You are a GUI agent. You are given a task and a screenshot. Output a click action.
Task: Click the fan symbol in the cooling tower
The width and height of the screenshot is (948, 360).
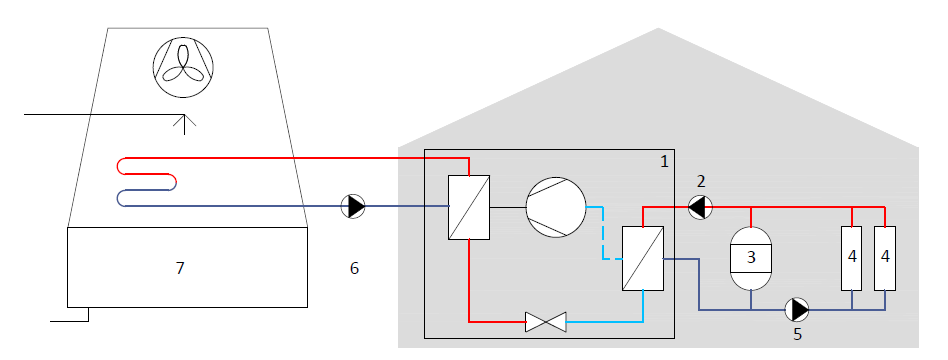[x=183, y=67]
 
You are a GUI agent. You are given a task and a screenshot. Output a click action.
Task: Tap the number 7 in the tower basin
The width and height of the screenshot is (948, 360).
[x=180, y=268]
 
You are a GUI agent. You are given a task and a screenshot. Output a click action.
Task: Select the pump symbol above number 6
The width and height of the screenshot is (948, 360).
[x=353, y=206]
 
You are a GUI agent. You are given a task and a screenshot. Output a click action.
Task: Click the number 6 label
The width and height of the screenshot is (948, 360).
[x=354, y=268]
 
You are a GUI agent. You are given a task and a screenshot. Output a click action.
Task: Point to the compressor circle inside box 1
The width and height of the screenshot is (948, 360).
[x=556, y=207]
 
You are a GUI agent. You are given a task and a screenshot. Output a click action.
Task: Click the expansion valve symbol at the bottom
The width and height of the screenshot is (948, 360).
[x=546, y=322]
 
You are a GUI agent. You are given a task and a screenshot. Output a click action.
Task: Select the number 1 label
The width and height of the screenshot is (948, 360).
[x=664, y=162]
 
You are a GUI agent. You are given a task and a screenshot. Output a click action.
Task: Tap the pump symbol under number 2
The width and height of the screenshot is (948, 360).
[x=700, y=207]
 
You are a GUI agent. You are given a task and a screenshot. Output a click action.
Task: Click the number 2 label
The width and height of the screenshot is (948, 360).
[x=701, y=181]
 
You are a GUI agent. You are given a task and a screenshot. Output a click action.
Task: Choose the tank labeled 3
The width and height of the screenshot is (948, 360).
[x=751, y=258]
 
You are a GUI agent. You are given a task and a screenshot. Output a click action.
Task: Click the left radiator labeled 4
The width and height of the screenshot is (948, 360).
[x=852, y=258]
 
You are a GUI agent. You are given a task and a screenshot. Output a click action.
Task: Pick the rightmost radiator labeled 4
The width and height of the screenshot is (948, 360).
[x=885, y=258]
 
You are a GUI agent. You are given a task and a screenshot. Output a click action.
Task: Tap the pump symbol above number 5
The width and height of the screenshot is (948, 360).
[x=797, y=310]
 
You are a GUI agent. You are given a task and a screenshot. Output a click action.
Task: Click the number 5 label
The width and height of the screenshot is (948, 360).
[x=797, y=334]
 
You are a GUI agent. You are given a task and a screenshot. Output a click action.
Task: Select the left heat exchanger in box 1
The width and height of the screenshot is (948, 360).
[x=469, y=208]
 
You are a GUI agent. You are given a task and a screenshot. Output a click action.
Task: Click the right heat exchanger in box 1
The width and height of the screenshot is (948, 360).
[x=643, y=258]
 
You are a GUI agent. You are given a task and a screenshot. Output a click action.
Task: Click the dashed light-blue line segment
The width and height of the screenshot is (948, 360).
[x=602, y=232]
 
